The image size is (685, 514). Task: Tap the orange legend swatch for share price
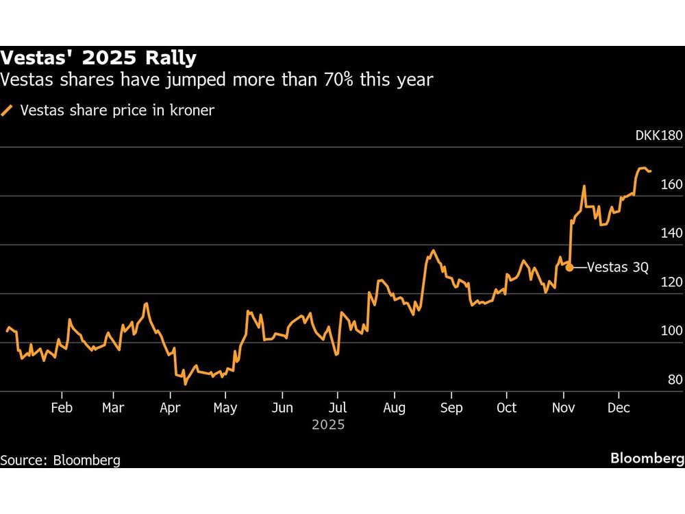pyautogui.click(x=8, y=110)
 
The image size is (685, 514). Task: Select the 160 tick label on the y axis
pyautogui.click(x=671, y=184)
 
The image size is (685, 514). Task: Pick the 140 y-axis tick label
pyautogui.click(x=671, y=233)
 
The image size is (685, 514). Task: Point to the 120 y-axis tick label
pyautogui.click(x=671, y=282)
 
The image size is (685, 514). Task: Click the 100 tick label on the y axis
pyautogui.click(x=671, y=331)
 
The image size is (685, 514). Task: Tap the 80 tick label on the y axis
pyautogui.click(x=674, y=380)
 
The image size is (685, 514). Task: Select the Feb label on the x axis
pyautogui.click(x=62, y=408)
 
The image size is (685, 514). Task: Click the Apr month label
pyautogui.click(x=169, y=408)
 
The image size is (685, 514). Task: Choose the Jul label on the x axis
pyautogui.click(x=336, y=408)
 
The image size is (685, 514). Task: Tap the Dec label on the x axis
pyautogui.click(x=619, y=408)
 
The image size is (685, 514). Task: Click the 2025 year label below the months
pyautogui.click(x=328, y=426)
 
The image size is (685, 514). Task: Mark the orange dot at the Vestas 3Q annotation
pyautogui.click(x=569, y=268)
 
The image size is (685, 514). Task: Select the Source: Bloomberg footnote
pyautogui.click(x=60, y=460)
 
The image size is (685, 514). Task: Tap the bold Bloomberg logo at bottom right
pyautogui.click(x=647, y=458)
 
